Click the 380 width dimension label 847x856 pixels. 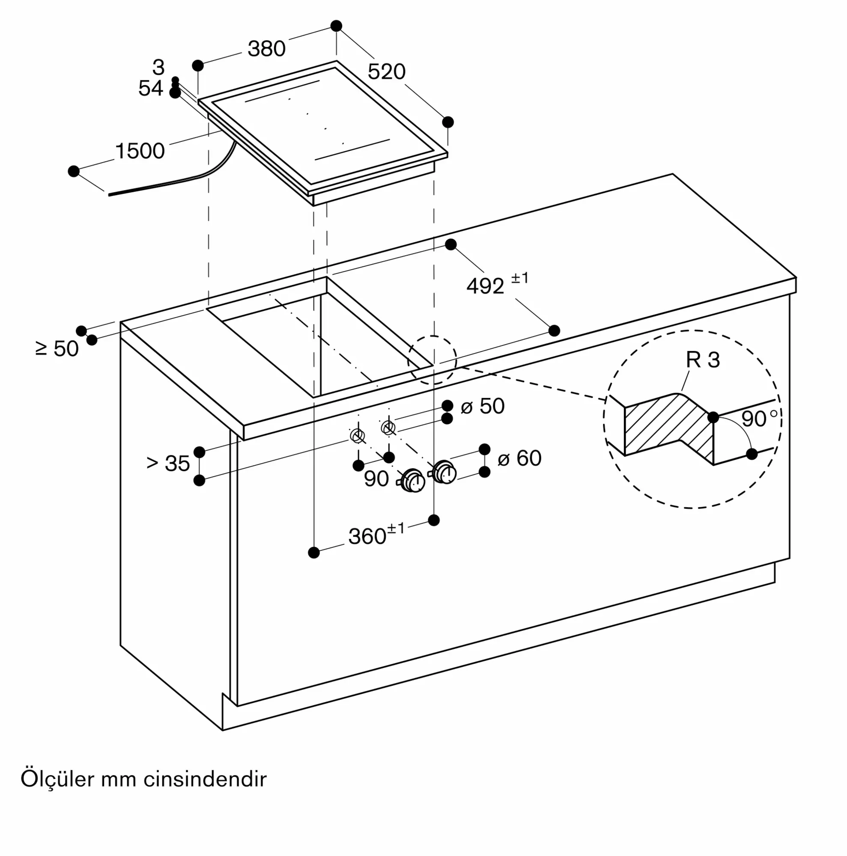tap(266, 48)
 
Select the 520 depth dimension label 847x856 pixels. tap(387, 71)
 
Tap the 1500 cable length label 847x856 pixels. tap(140, 151)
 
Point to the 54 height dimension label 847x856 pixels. tap(151, 88)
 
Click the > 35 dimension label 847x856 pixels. tap(168, 463)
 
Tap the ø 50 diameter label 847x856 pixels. tap(483, 406)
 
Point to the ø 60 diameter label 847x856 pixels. tap(519, 458)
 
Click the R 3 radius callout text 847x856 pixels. tap(703, 360)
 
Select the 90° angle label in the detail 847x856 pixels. tap(759, 419)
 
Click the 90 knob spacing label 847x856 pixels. tap(376, 479)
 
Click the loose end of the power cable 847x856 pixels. tap(110, 194)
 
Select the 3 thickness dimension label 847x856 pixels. tap(158, 67)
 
